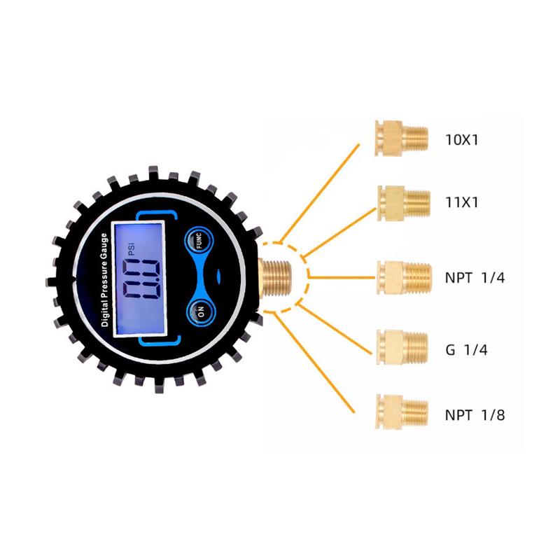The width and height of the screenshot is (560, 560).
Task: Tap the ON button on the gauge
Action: [201, 311]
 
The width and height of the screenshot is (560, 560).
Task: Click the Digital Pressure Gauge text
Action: [104, 279]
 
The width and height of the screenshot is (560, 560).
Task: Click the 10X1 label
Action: [461, 139]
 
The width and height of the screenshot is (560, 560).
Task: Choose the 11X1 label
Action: [461, 202]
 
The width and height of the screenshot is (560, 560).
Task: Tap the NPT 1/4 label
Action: [475, 277]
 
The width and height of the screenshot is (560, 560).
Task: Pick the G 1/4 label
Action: [466, 349]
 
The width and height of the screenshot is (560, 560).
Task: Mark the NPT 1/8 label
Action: [475, 415]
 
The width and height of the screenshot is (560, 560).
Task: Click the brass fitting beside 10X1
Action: [401, 138]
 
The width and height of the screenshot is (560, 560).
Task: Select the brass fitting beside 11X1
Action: [404, 203]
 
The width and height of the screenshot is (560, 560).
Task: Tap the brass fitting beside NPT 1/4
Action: [405, 278]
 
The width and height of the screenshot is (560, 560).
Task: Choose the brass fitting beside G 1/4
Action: [402, 348]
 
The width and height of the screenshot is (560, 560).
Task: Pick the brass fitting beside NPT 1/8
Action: [402, 412]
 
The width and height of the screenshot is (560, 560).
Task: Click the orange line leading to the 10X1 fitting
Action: [320, 194]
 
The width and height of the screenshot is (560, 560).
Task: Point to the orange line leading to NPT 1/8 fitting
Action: [314, 363]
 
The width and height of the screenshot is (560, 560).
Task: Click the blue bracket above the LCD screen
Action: [157, 215]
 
